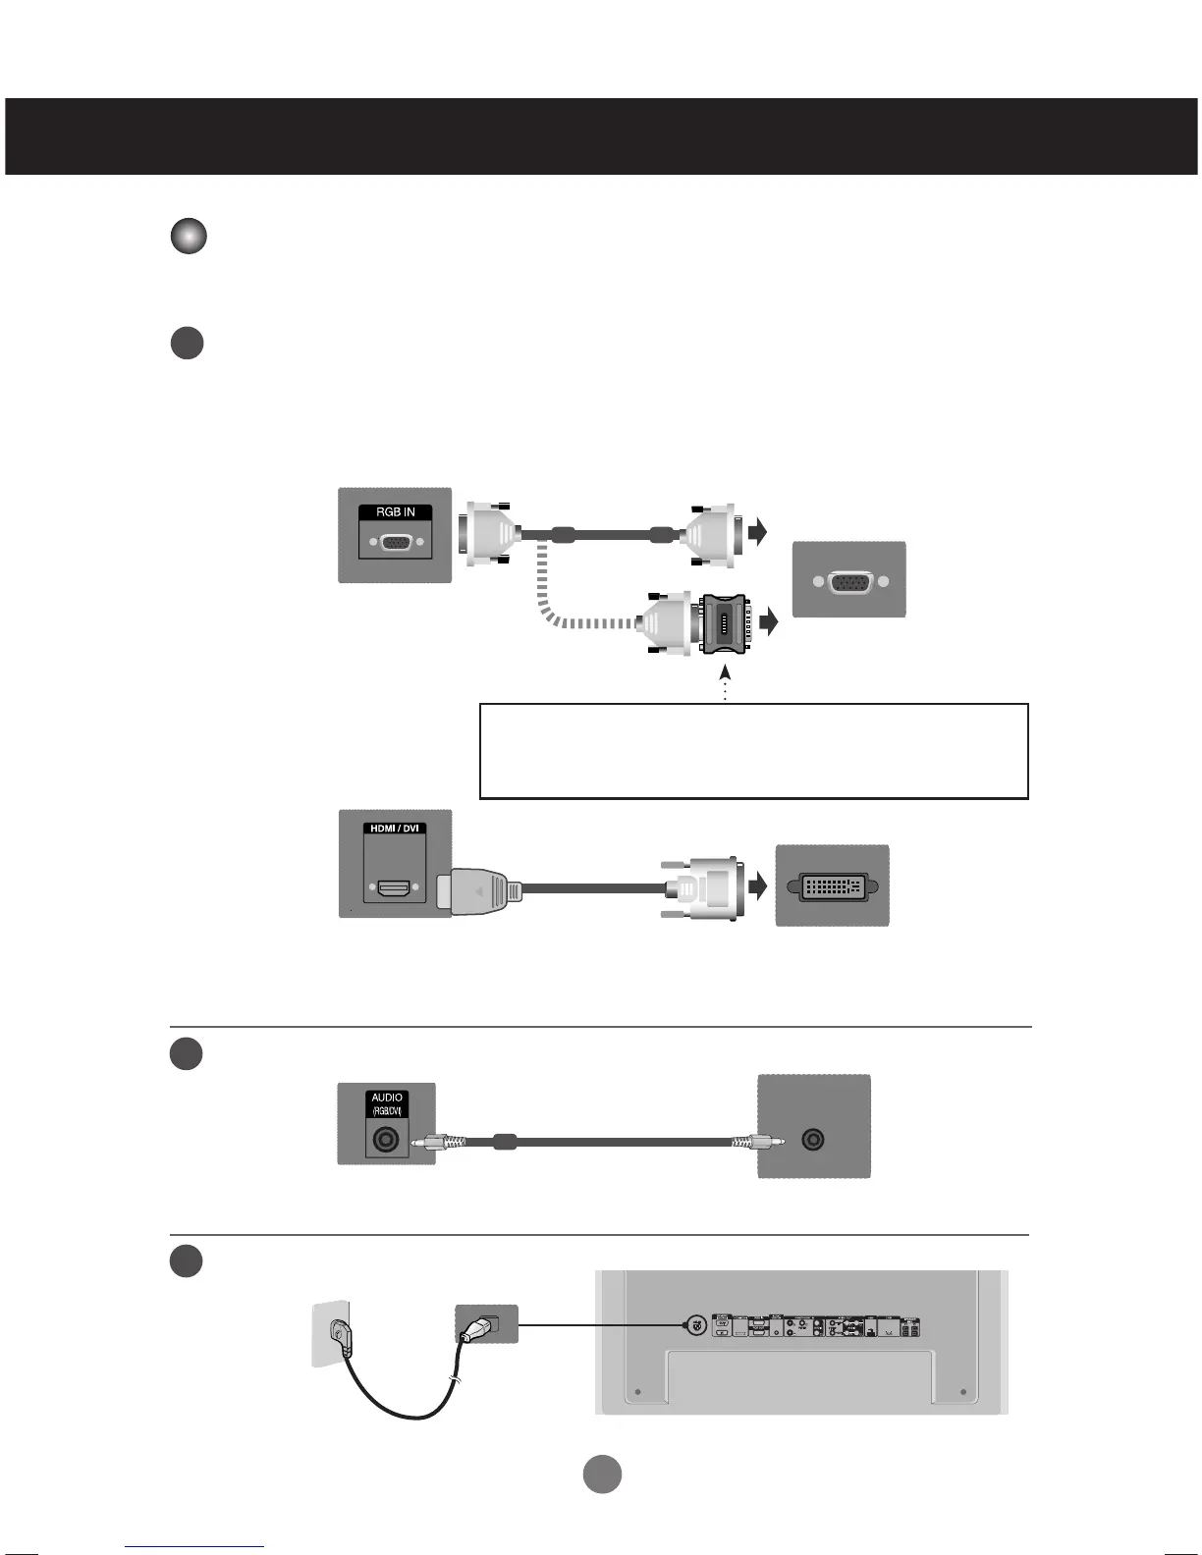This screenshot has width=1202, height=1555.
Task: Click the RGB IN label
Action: pyautogui.click(x=395, y=512)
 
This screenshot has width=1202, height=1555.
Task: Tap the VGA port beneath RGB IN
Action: pyautogui.click(x=395, y=542)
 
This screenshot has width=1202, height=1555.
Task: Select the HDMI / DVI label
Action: pyautogui.click(x=395, y=829)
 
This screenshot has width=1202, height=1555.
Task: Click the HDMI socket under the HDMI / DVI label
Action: pyautogui.click(x=395, y=889)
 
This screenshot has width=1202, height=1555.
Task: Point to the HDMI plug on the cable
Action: pyautogui.click(x=480, y=891)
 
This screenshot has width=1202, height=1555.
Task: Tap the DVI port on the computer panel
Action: pyautogui.click(x=832, y=886)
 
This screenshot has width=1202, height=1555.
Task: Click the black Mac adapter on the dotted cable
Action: pyautogui.click(x=725, y=623)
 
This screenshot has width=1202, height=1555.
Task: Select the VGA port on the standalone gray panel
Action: pyautogui.click(x=848, y=581)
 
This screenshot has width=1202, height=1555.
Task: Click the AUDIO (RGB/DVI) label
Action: pyautogui.click(x=387, y=1103)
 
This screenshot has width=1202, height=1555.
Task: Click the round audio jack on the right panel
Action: pyautogui.click(x=813, y=1141)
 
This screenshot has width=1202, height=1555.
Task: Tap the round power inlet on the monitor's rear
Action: pyautogui.click(x=694, y=1324)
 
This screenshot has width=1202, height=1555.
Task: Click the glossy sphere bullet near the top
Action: pyautogui.click(x=189, y=237)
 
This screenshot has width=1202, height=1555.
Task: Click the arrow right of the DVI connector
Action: pyautogui.click(x=757, y=887)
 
